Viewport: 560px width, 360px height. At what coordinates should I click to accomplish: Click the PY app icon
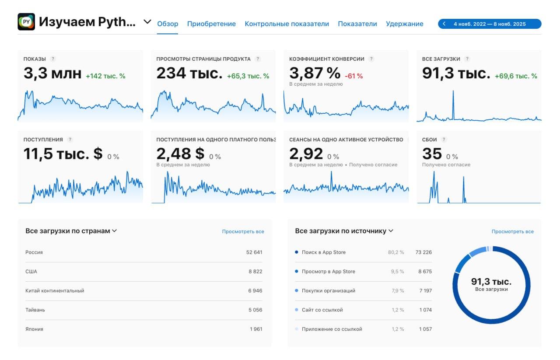coord(26,22)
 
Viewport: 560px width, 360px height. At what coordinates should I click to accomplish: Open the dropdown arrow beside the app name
coord(147,21)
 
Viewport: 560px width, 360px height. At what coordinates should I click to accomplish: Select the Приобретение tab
coord(211,24)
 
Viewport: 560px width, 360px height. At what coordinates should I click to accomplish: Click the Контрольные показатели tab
coord(287,24)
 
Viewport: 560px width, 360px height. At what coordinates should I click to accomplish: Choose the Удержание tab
coord(404,24)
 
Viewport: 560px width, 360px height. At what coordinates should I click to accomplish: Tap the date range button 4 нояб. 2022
coord(490,24)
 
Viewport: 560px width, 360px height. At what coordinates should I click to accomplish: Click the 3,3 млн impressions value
coord(52,73)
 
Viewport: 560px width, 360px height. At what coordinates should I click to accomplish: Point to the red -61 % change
coord(353,76)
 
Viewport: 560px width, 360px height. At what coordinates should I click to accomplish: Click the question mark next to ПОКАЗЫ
coord(53,59)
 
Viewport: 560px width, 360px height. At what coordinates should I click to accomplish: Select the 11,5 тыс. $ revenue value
coord(63,154)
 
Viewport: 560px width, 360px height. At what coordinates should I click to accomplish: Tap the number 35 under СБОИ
coord(432,154)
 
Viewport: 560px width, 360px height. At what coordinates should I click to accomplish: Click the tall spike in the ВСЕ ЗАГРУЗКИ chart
coord(453,101)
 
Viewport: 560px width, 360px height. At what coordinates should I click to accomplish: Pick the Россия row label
coord(34,252)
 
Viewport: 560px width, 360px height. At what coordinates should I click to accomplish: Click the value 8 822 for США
coord(255,272)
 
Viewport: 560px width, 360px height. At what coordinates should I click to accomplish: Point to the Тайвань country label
coord(35,310)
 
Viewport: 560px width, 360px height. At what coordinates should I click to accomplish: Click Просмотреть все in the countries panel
coord(243,231)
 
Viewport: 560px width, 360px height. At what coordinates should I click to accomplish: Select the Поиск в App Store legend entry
coord(323,252)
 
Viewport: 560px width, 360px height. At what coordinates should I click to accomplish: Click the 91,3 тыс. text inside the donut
coord(491,282)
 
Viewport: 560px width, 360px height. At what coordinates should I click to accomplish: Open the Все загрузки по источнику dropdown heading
coord(344,231)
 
